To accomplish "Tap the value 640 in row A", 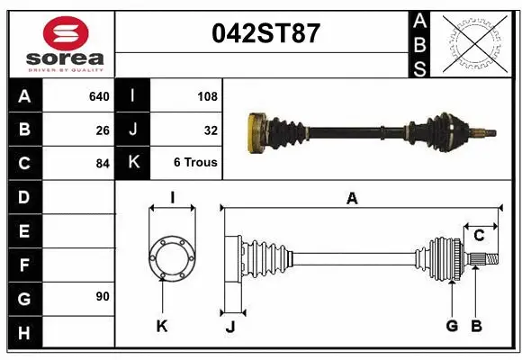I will point(98,96).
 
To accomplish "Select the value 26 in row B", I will point(102,130).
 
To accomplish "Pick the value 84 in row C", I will point(102,164).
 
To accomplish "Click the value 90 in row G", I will point(102,296).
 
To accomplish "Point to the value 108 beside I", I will point(206,96).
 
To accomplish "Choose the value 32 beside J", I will point(211,130).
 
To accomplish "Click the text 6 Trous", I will point(195,164).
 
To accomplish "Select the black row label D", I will point(23,197).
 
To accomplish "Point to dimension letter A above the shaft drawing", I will point(352,199).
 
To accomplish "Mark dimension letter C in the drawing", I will point(479,235).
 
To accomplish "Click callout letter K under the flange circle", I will point(162,326).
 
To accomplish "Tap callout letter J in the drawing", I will point(229,326).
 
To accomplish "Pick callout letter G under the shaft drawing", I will point(452,326).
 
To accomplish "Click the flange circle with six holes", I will point(171,257).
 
